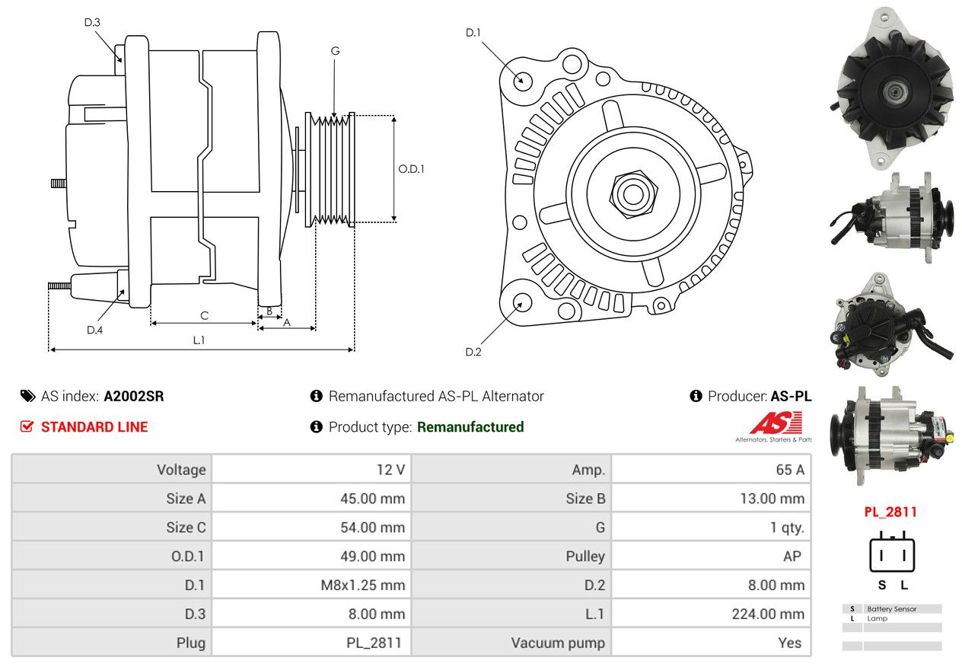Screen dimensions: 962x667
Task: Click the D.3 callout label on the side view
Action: [92, 22]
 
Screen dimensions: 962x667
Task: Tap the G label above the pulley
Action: [335, 51]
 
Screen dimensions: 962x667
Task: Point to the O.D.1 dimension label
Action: [411, 169]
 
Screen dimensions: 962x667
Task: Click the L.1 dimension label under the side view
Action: [199, 340]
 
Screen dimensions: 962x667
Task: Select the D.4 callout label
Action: [94, 330]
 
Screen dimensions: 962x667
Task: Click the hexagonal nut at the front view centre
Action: [633, 195]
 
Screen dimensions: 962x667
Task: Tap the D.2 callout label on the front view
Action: [473, 352]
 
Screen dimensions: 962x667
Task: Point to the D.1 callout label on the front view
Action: [473, 33]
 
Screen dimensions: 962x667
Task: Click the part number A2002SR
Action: [133, 396]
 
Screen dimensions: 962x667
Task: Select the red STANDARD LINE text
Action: [94, 426]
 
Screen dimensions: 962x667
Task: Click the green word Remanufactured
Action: [470, 426]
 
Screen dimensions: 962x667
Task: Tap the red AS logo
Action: [776, 423]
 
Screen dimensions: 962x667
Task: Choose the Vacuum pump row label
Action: [558, 643]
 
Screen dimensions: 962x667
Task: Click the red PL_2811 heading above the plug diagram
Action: [890, 512]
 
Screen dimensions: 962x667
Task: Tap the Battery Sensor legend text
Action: [891, 609]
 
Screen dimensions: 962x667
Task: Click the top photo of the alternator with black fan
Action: [891, 88]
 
